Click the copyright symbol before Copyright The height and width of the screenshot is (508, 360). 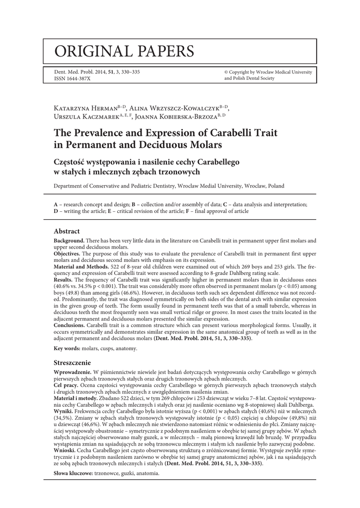click(x=226, y=72)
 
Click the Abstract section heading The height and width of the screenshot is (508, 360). click(x=67, y=231)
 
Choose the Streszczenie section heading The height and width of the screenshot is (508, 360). click(x=72, y=363)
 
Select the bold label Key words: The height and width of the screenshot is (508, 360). click(x=68, y=349)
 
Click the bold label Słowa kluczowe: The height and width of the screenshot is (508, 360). click(x=73, y=474)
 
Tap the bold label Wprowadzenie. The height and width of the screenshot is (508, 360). click(x=72, y=372)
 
